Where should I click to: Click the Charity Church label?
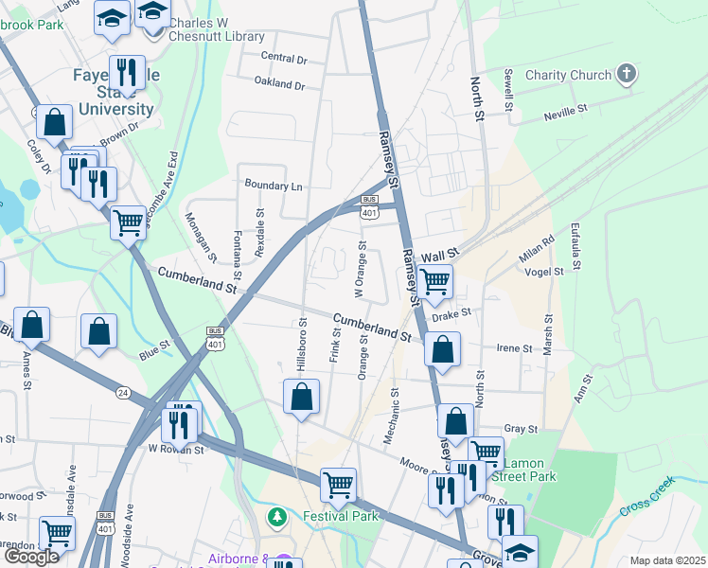(x=569, y=75)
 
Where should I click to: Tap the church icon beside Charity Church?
(x=626, y=74)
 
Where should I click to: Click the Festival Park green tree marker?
(x=277, y=517)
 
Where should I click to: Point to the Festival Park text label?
(x=341, y=517)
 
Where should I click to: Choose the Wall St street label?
(x=439, y=256)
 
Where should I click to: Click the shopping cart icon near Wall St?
(x=434, y=280)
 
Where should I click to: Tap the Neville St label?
(x=566, y=116)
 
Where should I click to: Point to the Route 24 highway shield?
(x=123, y=392)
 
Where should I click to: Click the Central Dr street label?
(x=284, y=59)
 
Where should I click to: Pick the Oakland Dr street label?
(x=280, y=85)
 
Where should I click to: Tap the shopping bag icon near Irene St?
(x=442, y=349)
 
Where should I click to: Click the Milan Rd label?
(x=536, y=251)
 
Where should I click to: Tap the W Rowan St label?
(x=177, y=450)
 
